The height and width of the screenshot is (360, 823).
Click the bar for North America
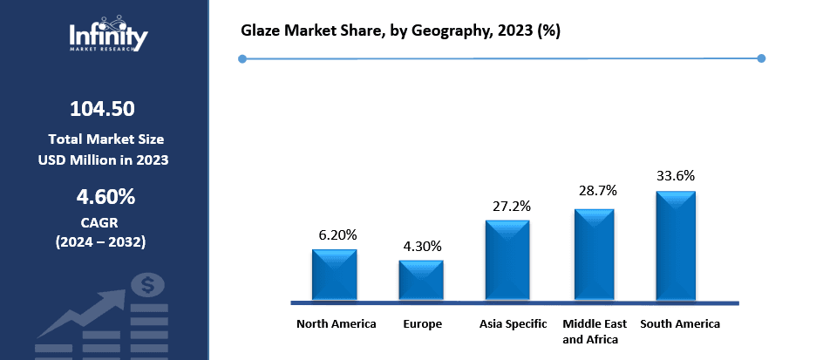point(335,275)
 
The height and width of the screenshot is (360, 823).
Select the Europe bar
point(421,280)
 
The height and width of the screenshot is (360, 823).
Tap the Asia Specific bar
point(507,260)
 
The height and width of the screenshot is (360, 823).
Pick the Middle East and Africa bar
point(594,255)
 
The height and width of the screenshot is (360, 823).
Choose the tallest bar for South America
point(676,246)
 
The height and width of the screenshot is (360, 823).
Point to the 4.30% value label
point(421,246)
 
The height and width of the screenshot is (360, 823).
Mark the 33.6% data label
point(676,175)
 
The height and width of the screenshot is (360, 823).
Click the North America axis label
point(337,323)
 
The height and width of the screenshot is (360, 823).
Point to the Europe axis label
point(422,323)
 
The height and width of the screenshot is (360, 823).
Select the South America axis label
point(680,323)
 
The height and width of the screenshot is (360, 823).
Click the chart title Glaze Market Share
point(400,31)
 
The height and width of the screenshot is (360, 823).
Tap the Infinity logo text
point(108,37)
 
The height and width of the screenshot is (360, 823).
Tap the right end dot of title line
point(761,58)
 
